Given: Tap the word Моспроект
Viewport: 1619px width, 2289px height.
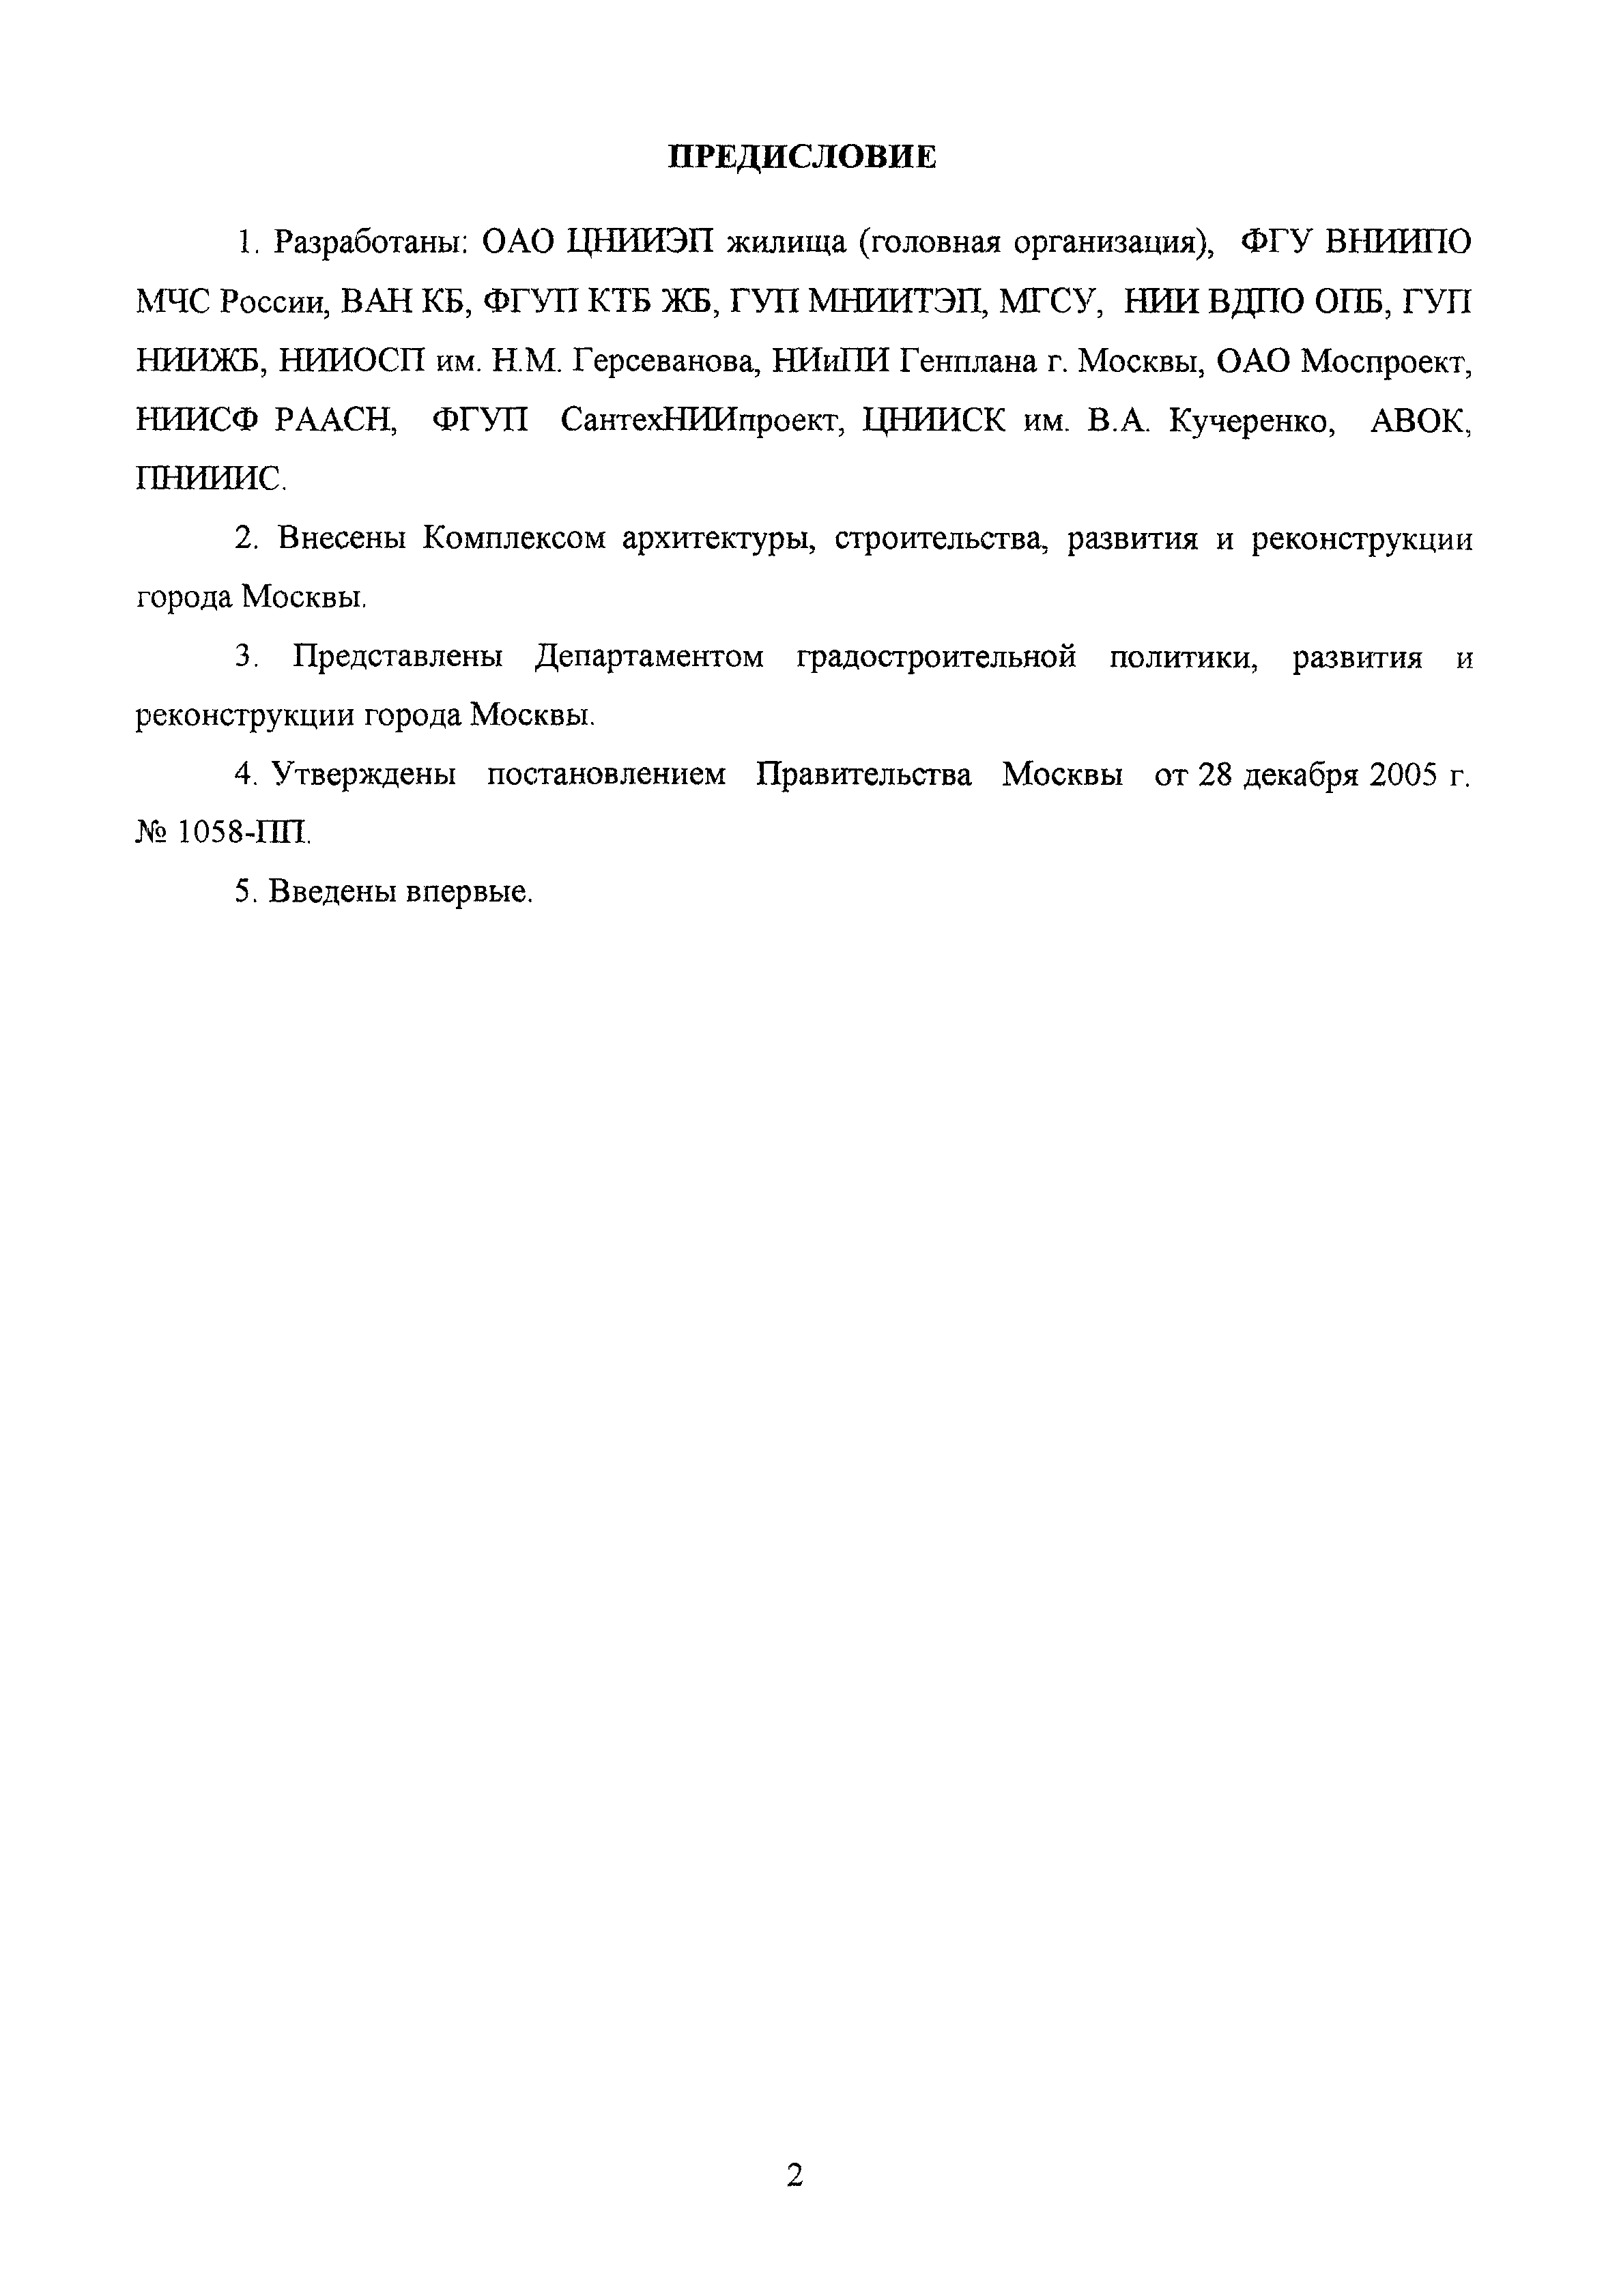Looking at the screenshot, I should tap(1387, 362).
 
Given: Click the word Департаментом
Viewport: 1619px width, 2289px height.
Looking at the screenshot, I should tap(649, 657).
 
